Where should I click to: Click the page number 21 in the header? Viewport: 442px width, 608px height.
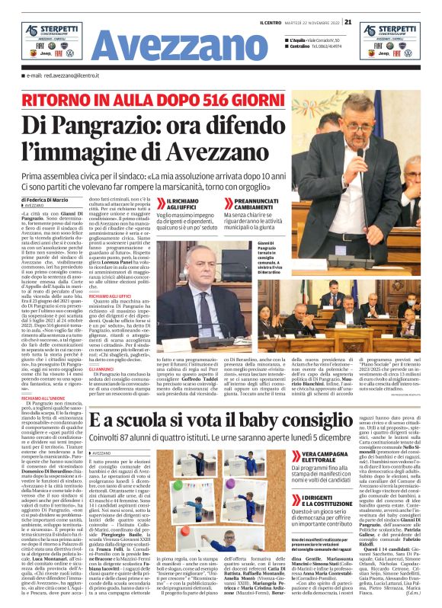[348, 21]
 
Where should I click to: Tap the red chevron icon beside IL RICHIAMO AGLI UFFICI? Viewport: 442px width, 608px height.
[161, 202]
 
